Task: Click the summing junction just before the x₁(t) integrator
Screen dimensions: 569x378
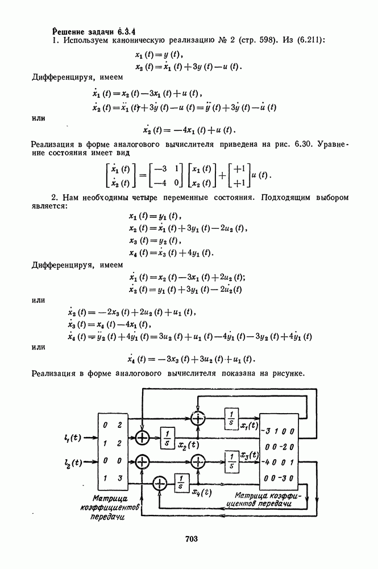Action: tap(198, 418)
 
